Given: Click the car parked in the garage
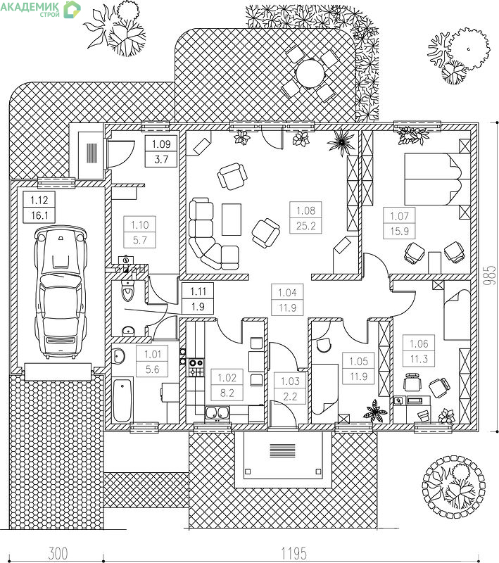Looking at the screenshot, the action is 61,291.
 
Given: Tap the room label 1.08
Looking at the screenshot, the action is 305,210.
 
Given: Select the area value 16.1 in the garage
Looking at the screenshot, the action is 39,215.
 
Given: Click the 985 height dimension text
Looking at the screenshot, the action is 489,275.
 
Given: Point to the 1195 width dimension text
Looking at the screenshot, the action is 293,553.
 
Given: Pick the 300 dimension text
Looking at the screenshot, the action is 58,553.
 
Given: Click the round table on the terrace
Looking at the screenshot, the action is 310,72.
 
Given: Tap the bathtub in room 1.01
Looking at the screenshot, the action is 122,399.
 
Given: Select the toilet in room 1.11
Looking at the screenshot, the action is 127,291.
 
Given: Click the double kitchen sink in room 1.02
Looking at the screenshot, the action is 217,413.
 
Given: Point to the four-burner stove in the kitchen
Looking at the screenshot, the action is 196,367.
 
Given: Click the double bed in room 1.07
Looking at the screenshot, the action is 437,179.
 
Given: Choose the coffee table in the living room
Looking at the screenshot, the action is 231,219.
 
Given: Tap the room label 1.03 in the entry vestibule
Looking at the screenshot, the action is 290,381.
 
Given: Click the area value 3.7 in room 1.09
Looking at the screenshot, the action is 161,159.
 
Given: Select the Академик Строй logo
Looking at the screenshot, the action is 40,8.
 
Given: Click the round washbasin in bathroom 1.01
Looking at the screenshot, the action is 118,356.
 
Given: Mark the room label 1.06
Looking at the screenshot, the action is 419,343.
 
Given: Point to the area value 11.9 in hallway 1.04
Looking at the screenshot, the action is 287,308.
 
